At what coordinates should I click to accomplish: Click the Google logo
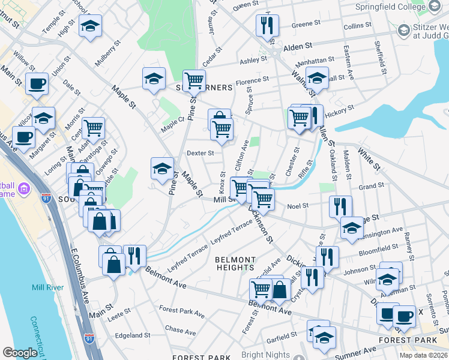click(20, 353)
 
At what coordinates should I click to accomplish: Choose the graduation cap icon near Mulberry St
click(90, 26)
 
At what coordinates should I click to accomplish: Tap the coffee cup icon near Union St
click(37, 83)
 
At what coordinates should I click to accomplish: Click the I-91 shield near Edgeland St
click(89, 339)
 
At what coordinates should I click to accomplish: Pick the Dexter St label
click(200, 153)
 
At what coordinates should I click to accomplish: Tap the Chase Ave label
click(181, 331)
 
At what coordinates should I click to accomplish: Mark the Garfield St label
click(282, 334)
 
